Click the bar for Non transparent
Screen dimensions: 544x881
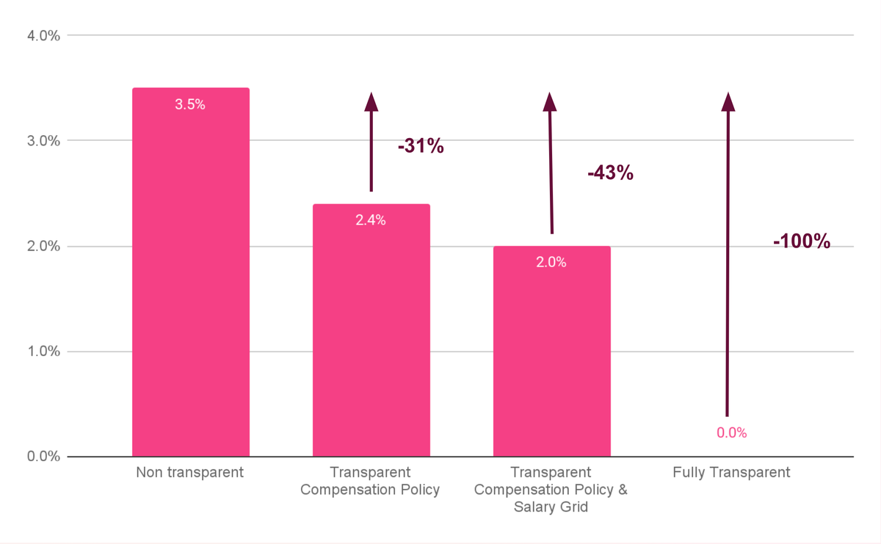tap(190, 279)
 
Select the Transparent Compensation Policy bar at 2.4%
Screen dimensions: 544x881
tap(371, 338)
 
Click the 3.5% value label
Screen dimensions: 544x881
tap(190, 104)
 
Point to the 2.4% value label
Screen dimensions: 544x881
tap(371, 220)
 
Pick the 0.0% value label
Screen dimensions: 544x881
tap(731, 433)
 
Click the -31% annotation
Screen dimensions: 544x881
tap(421, 146)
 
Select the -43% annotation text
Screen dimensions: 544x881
tap(610, 173)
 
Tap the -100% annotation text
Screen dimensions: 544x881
tap(802, 241)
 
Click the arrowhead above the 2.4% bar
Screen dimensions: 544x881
tap(371, 102)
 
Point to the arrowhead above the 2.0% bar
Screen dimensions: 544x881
tap(551, 102)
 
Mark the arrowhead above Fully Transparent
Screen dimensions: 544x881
tap(728, 102)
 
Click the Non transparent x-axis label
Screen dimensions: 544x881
tap(189, 473)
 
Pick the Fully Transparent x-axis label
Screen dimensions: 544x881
tap(731, 473)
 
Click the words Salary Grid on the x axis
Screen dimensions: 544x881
tap(551, 507)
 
